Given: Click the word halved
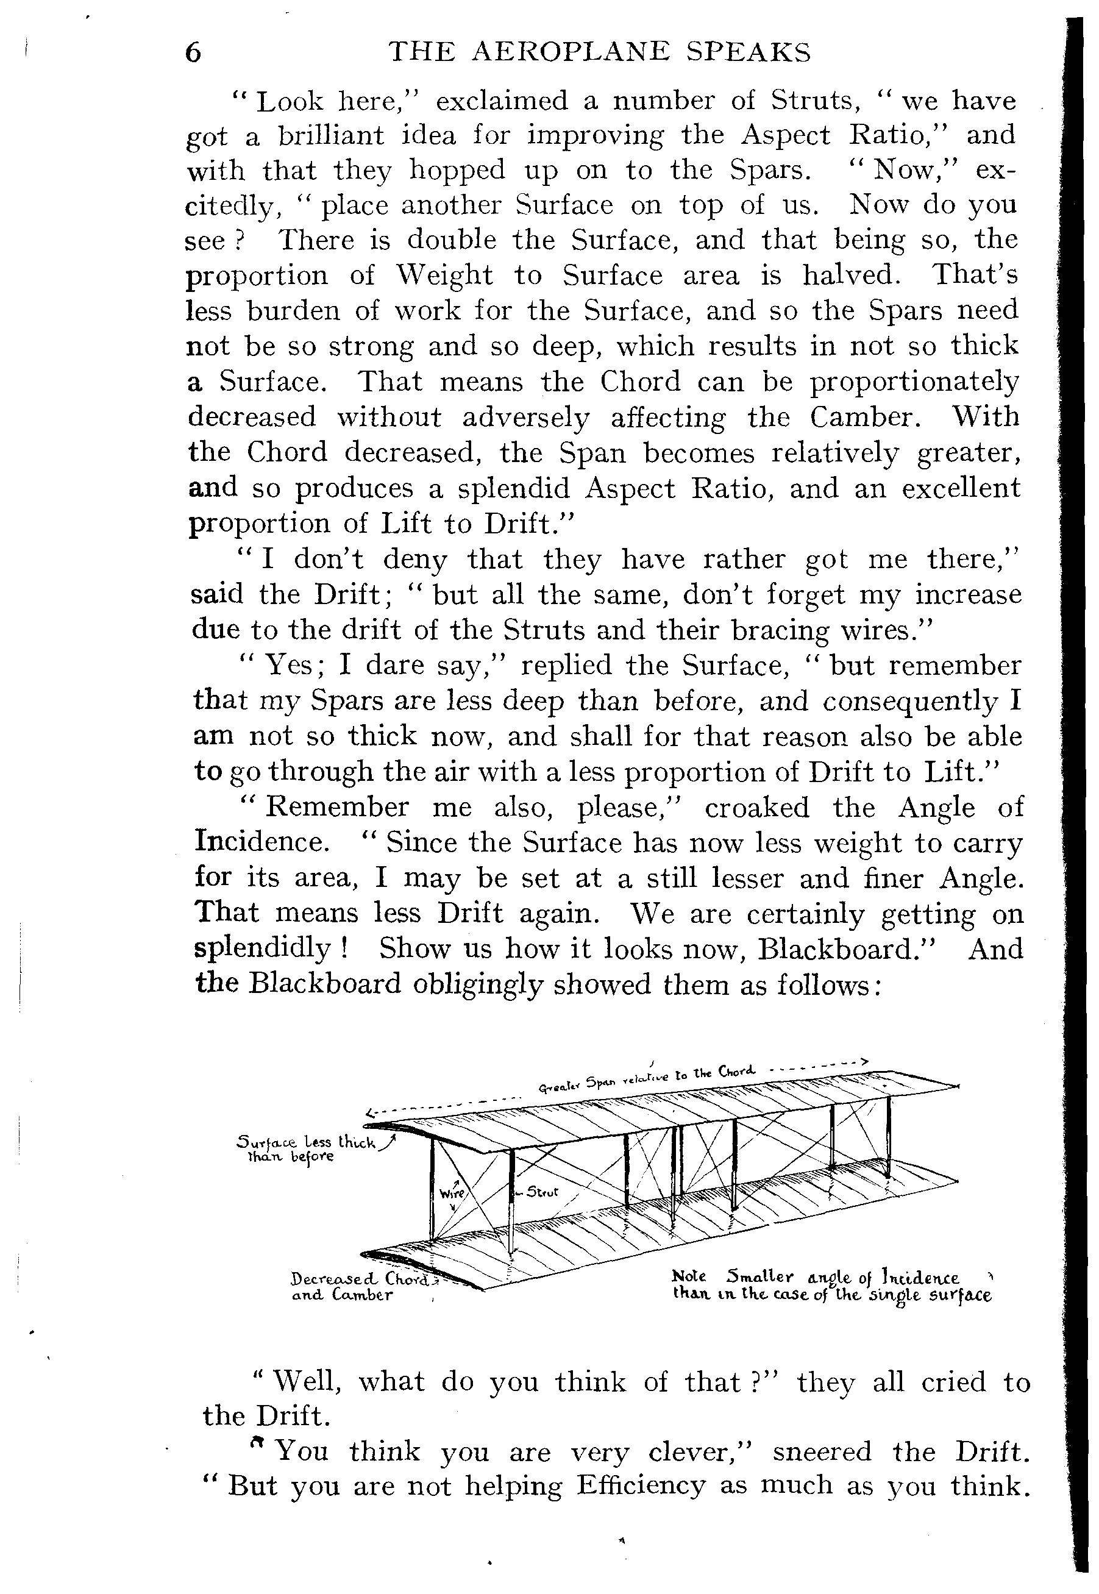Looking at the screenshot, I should pyautogui.click(x=850, y=276).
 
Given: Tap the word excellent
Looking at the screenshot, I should pyautogui.click(x=961, y=488).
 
